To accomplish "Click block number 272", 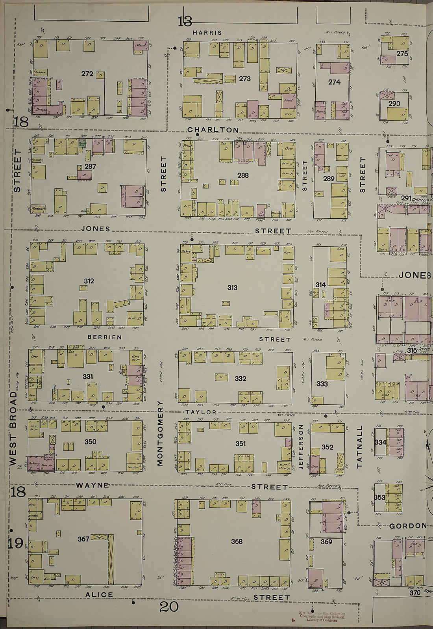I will (x=87, y=74).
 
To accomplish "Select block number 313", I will (x=232, y=288).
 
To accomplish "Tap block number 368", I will (x=237, y=542).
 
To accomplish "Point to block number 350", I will (x=90, y=442).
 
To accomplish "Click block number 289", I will (x=329, y=179).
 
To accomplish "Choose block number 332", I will (x=240, y=379).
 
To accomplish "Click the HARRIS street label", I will (x=207, y=33).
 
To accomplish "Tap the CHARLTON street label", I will (x=213, y=130).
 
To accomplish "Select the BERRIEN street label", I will (x=105, y=337).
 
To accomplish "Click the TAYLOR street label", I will (x=201, y=412).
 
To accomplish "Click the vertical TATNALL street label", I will (x=359, y=447).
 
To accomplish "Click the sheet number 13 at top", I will (x=185, y=21).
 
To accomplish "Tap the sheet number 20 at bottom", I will (x=169, y=607).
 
